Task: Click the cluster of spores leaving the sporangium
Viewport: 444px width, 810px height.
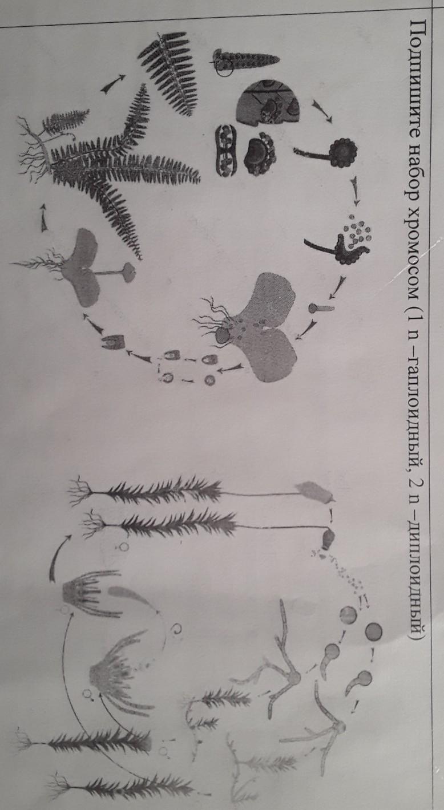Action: tap(357, 229)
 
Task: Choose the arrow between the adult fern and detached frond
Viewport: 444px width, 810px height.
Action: tap(113, 84)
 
